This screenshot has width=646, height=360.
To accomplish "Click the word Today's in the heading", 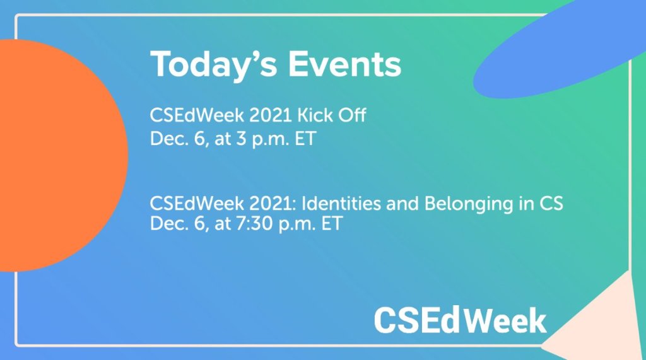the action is [213, 65].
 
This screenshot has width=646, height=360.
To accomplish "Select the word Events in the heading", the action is [344, 64].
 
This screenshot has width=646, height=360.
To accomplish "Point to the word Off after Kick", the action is [352, 115].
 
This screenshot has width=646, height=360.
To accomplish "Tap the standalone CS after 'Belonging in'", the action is [551, 204].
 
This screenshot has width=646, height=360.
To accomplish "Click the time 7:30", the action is [255, 224].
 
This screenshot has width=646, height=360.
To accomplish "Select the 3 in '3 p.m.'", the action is [241, 139].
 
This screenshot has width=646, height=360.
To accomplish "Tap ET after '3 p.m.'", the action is [305, 139].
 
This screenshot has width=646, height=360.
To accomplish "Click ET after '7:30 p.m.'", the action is [332, 224].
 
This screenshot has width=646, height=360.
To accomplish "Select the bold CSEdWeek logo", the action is [460, 320].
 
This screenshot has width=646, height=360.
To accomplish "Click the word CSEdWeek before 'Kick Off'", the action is [197, 115].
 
